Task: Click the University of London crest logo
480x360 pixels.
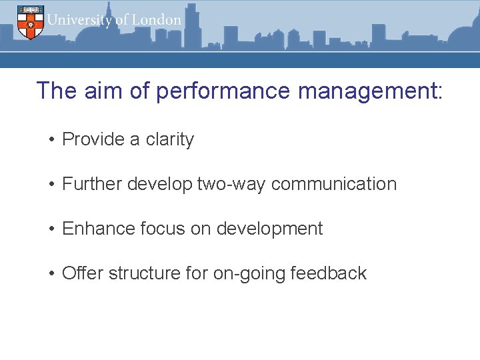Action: (29, 21)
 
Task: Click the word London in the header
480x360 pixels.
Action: (157, 20)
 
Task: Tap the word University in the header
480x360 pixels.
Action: (79, 20)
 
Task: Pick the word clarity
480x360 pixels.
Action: (170, 139)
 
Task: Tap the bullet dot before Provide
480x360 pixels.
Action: (51, 140)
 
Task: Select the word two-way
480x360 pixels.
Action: (232, 184)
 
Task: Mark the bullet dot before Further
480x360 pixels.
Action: (51, 185)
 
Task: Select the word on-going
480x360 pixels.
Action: (249, 273)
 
